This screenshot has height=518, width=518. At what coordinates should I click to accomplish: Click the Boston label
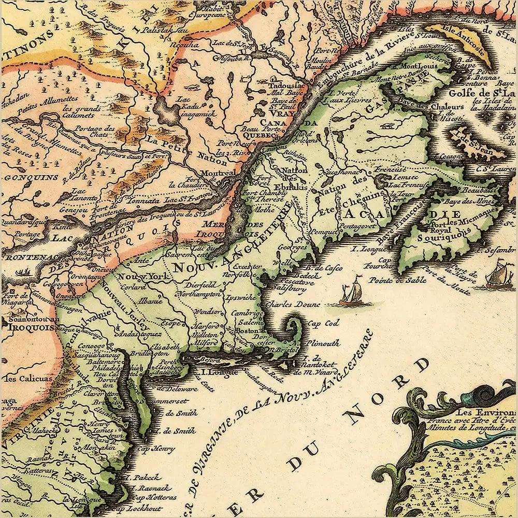click(x=247, y=330)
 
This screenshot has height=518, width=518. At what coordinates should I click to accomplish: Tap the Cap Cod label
click(x=321, y=323)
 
